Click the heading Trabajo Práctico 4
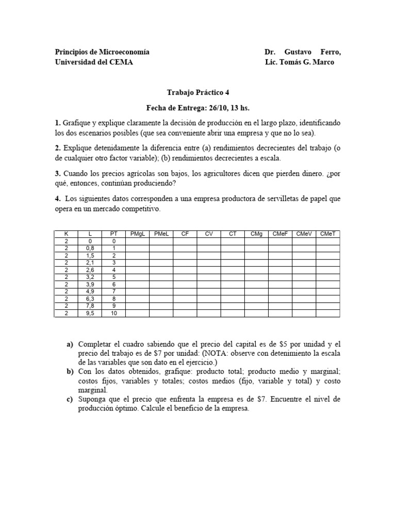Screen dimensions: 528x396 [198, 93]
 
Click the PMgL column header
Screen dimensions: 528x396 [137, 234]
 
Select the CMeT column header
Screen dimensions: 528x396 [328, 234]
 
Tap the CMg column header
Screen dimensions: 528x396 [256, 234]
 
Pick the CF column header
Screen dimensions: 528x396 [185, 234]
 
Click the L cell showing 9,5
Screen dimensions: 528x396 [90, 313]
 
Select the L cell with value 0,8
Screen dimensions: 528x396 [90, 248]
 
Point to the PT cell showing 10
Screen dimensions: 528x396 [114, 313]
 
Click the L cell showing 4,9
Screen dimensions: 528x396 [90, 291]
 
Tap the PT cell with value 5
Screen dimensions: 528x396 [114, 277]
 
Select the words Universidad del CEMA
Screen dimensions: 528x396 [93, 62]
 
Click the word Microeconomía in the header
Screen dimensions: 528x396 [126, 52]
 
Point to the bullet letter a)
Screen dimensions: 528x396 [70, 344]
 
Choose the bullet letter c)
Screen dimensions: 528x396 [70, 400]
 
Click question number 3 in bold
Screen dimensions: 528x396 [58, 174]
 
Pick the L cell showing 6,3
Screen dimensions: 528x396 [90, 299]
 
